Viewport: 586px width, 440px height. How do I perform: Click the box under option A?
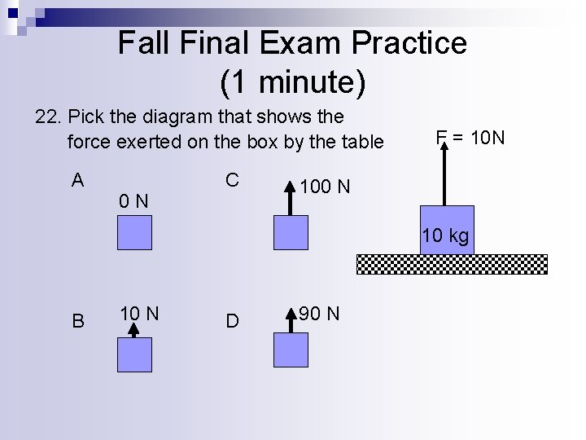134,232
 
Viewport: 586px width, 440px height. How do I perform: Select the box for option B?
134,354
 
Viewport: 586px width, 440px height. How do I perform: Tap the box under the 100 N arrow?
291,232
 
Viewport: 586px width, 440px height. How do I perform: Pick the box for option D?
291,350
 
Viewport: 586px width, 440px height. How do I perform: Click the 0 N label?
133,200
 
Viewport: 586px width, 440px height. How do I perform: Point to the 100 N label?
325,187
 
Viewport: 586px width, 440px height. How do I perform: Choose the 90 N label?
320,314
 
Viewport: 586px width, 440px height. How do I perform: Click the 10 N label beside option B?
139,313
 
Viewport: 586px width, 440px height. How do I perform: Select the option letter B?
77,321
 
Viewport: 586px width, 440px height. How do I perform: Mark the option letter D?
233,321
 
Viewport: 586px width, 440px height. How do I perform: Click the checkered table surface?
452,264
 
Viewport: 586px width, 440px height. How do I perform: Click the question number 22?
48,117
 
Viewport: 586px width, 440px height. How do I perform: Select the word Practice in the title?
409,43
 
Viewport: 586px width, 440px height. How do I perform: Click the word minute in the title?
300,81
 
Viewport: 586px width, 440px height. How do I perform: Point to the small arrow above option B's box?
134,328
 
